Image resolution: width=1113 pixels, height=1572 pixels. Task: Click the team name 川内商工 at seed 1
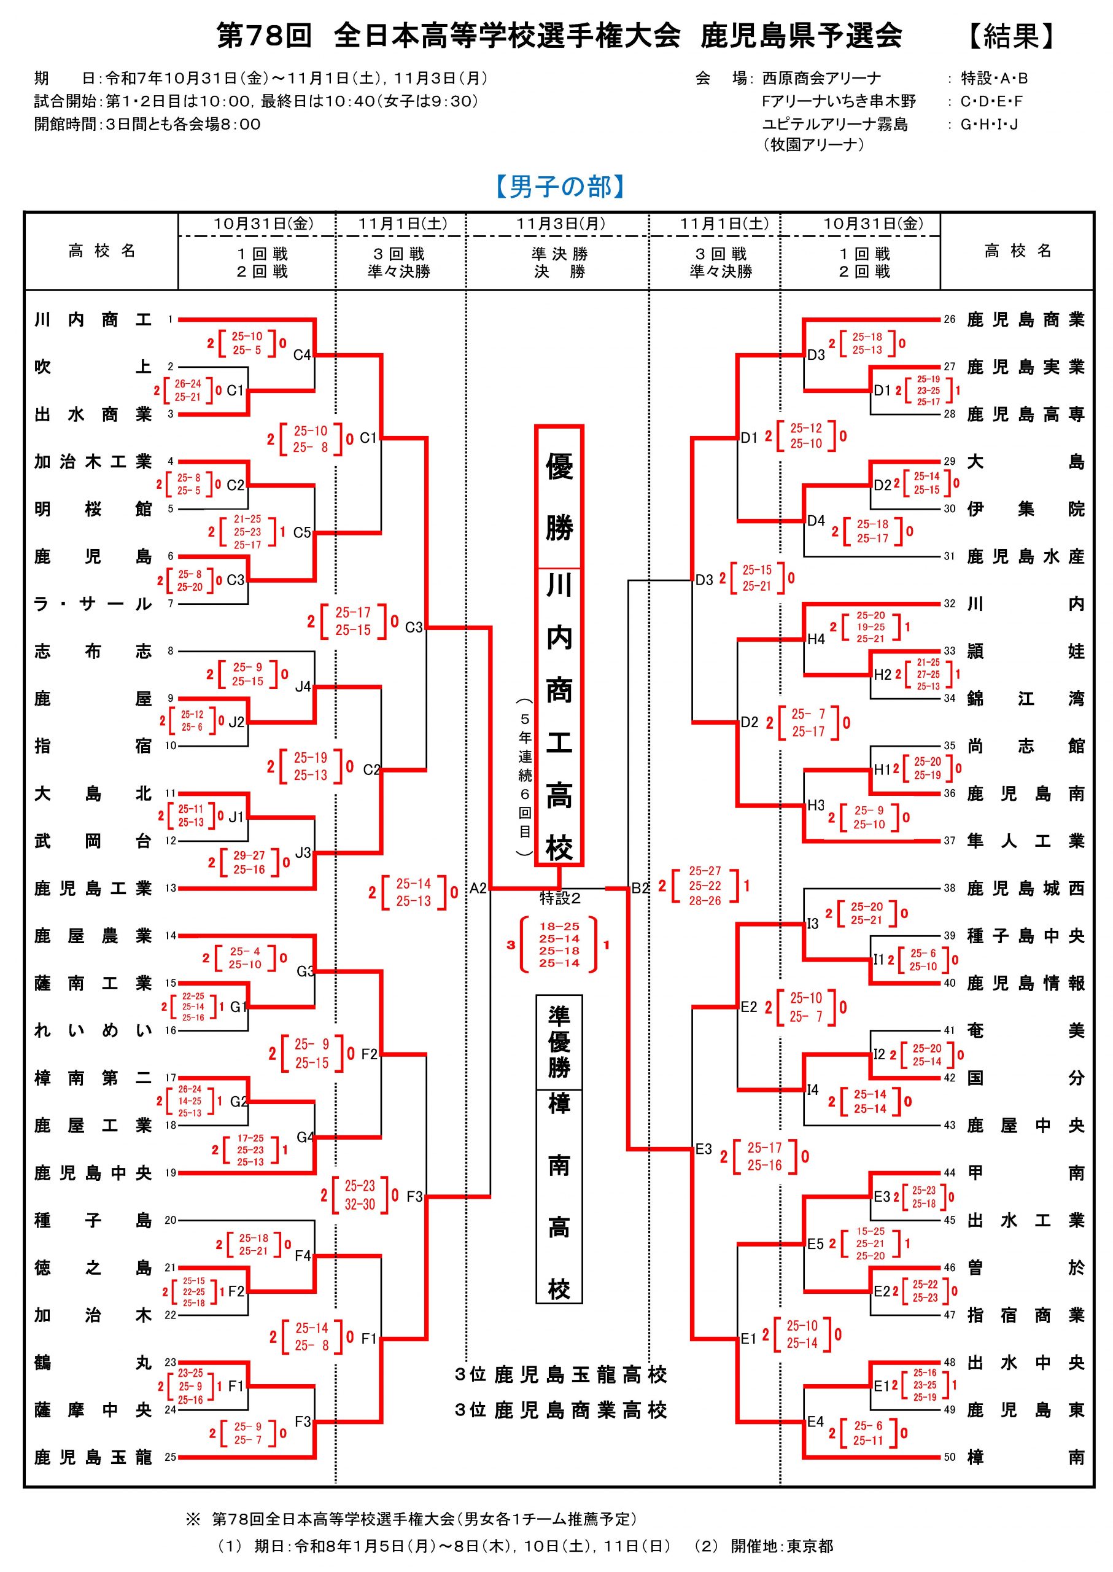pos(93,319)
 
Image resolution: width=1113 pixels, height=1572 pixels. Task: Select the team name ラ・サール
pos(93,604)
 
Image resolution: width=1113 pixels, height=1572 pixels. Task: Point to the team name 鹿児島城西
pos(1025,889)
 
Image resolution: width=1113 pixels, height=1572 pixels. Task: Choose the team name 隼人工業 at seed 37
pos(1025,841)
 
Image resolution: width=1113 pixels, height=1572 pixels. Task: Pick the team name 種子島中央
pos(1025,936)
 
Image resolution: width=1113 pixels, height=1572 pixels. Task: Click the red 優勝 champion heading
pos(559,497)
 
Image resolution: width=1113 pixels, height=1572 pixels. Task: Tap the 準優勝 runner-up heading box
pos(559,1042)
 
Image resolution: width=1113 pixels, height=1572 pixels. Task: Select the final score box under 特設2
pos(559,944)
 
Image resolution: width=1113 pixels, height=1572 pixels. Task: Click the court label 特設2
pos(560,897)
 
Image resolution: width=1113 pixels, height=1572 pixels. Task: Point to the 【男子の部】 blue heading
pos(560,187)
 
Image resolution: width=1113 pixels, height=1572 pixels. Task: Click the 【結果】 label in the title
pos(1012,36)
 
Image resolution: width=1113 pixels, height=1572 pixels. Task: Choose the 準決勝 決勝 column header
pos(559,263)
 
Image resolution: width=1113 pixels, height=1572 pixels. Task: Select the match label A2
pos(478,889)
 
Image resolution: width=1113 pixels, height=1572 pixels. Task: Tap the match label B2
pos(640,889)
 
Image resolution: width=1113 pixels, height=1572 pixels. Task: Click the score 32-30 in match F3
pos(360,1205)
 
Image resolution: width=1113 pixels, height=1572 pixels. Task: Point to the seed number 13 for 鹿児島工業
pos(170,889)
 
